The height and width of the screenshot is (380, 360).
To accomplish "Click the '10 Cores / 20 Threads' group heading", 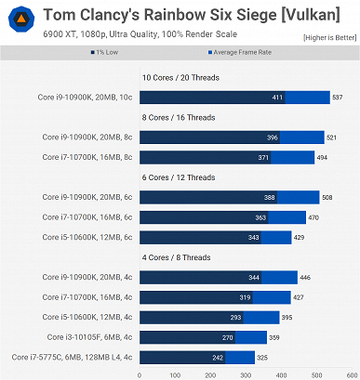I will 180,78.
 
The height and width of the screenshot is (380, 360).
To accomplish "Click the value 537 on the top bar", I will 338,97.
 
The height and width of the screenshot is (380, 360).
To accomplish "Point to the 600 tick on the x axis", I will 352,374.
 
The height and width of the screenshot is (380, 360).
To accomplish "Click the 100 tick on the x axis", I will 175,374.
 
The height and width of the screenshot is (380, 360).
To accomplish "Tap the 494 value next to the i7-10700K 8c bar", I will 322,157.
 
